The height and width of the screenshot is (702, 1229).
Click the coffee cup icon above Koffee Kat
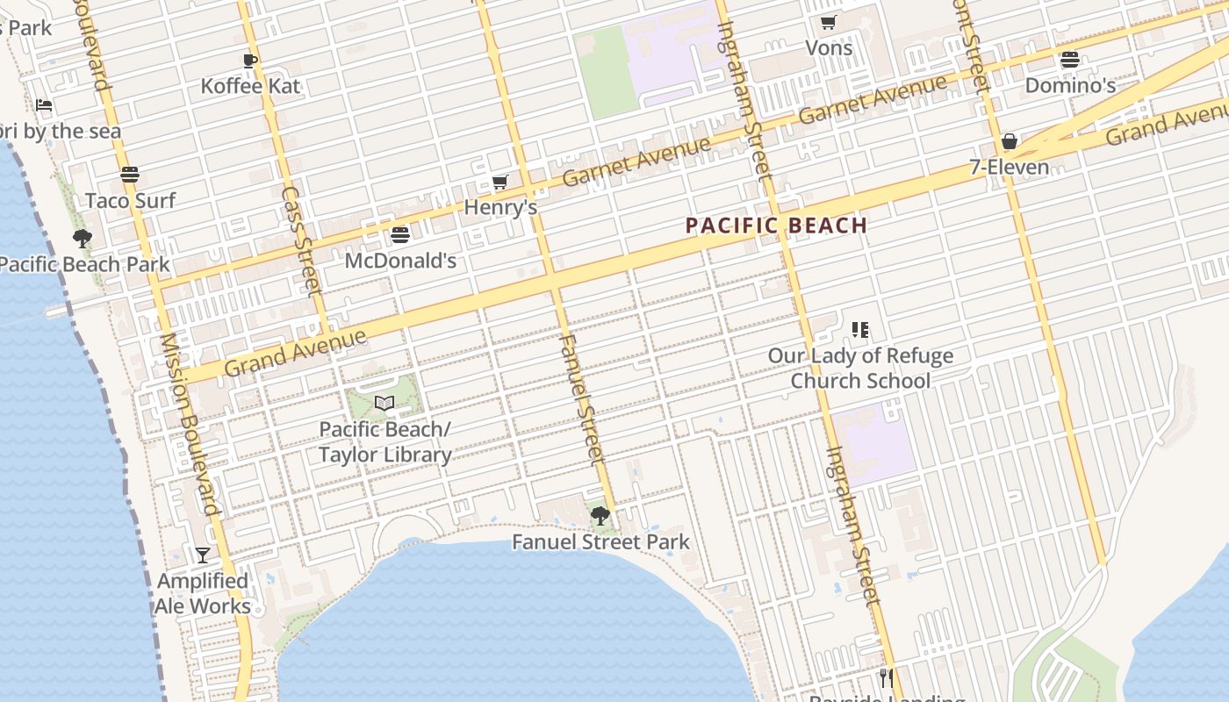pos(250,61)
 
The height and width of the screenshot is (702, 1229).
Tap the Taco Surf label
pos(130,200)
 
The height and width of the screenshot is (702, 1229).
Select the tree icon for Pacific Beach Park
pos(83,238)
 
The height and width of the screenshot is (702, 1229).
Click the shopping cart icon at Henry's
pos(500,182)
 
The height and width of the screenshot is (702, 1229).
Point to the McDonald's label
pos(400,261)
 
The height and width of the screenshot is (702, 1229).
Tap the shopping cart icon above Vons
pos(828,22)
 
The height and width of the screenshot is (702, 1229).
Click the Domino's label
pos(1070,86)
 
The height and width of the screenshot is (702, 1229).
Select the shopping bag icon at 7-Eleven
pos(1010,141)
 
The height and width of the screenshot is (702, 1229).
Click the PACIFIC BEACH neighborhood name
pos(776,226)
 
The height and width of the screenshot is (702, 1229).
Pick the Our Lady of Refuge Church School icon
pos(860,330)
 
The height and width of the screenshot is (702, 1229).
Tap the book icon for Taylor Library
pos(385,403)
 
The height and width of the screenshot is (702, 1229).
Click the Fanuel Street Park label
pos(600,542)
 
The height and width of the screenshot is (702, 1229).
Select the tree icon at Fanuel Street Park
pos(600,516)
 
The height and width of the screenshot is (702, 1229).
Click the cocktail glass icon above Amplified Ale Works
pos(203,555)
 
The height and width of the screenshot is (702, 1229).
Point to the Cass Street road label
pos(301,239)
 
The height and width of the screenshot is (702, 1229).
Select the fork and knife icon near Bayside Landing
pos(887,677)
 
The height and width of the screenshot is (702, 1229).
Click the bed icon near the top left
pos(44,105)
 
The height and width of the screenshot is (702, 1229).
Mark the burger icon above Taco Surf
pos(130,174)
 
